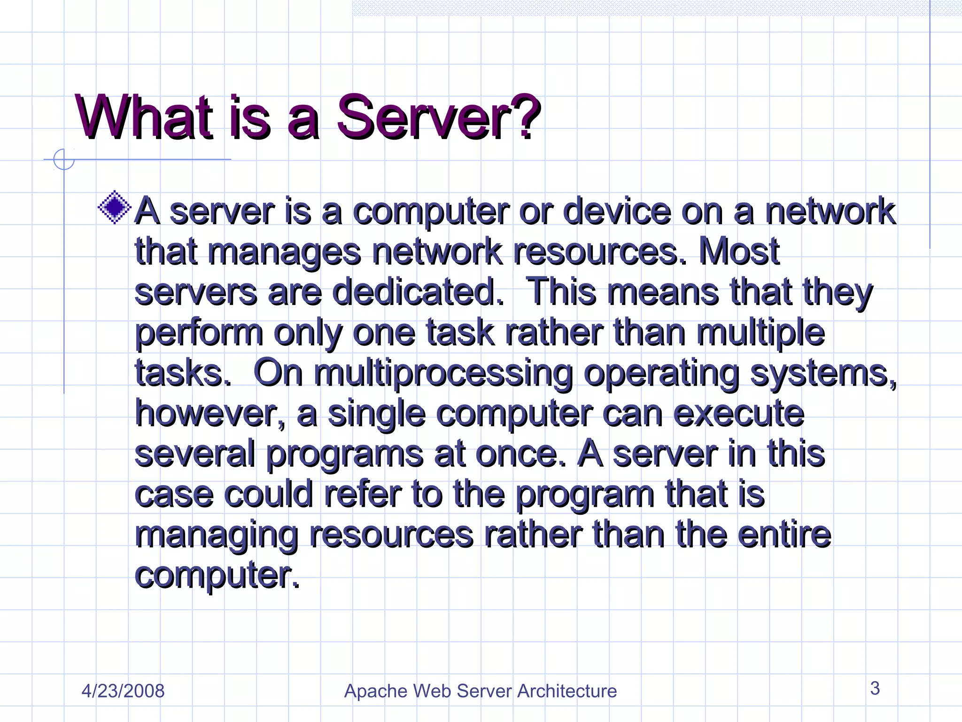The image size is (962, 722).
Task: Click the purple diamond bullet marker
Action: tap(115, 207)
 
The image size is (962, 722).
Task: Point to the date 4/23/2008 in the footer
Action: tap(123, 691)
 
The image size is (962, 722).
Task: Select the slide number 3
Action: tap(875, 688)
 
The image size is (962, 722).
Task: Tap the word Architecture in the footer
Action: tap(567, 691)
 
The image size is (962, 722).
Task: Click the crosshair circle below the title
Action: tap(64, 159)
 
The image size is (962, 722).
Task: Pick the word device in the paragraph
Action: tap(617, 211)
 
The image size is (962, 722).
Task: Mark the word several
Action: tap(194, 454)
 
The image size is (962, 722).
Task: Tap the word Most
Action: tap(739, 251)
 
